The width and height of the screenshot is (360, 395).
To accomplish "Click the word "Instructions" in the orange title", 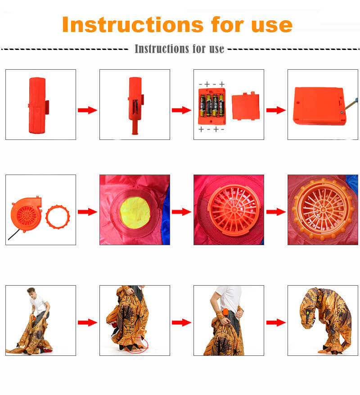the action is tap(132, 24).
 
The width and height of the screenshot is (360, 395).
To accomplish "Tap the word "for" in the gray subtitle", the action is tap(199, 49).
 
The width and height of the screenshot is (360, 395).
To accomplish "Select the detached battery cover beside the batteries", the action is tap(245, 106).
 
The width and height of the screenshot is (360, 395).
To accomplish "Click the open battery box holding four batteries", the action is tap(212, 106).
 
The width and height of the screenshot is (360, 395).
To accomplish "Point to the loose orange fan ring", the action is tap(58, 217).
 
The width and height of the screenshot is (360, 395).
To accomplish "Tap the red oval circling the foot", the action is tap(135, 345).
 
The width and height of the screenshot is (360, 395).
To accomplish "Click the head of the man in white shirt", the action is tap(31, 292).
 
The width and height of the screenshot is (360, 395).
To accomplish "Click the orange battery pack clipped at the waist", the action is tap(225, 312).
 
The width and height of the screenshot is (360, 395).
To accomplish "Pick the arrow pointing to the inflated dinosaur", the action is tap(276, 322).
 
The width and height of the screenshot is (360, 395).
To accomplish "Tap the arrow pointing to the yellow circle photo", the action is tap(87, 212).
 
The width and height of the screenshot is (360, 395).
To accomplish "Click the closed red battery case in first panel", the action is tap(38, 105).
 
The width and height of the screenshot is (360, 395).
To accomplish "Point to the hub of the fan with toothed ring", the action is tap(323, 210).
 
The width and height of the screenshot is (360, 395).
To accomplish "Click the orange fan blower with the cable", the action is tap(26, 214).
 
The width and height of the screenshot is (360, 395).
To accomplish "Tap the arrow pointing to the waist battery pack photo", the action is tap(181, 322).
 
